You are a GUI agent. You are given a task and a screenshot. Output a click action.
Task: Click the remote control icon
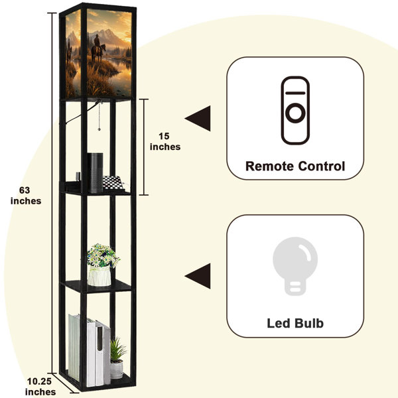point(295,110)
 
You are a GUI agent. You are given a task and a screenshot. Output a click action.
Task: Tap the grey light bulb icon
point(295,266)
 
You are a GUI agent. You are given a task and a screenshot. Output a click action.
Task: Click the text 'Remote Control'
point(295,166)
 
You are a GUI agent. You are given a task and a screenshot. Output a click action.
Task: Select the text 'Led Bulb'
point(295,324)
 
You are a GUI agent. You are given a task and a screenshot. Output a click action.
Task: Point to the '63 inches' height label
point(26,196)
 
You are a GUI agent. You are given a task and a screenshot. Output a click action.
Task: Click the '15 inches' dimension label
point(165,141)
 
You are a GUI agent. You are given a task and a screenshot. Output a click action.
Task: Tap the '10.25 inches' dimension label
point(40,386)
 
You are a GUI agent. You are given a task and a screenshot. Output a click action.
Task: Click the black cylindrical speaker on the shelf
point(95,172)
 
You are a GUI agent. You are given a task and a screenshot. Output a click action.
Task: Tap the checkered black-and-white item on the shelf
point(113,183)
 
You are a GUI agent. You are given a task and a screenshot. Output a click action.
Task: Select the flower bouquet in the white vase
point(103,255)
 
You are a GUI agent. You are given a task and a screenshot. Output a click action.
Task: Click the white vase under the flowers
point(99,276)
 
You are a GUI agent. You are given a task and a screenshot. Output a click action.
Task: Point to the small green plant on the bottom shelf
point(118,350)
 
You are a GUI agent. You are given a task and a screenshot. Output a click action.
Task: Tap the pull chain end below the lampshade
point(99,129)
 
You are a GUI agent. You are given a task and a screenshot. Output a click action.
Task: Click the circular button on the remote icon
point(295,113)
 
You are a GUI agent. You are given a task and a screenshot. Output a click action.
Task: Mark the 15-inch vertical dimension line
point(144,147)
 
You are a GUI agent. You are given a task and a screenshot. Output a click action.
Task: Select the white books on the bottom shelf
point(90,350)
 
